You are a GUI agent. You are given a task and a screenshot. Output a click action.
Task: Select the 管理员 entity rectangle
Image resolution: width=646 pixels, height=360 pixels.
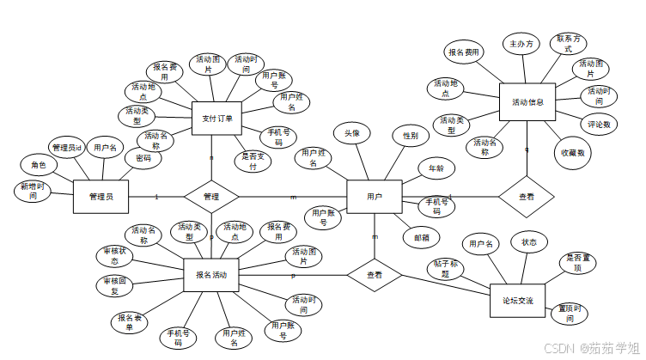click(101, 196)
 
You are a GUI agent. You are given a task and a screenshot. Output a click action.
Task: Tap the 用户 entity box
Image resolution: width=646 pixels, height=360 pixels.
click(374, 196)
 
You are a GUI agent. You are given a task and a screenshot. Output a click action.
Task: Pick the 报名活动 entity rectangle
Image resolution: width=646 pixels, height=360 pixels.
click(211, 274)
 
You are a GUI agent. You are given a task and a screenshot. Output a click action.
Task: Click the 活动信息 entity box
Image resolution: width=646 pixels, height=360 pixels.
click(527, 101)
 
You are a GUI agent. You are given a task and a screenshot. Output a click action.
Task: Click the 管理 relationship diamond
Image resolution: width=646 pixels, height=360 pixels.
click(211, 197)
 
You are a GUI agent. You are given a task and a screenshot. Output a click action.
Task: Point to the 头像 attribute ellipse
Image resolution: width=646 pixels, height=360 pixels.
click(352, 133)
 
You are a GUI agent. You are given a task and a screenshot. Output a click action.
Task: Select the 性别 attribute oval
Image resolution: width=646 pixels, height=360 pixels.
click(410, 136)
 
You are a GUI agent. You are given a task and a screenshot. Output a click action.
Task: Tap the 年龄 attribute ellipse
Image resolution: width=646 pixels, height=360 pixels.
click(436, 168)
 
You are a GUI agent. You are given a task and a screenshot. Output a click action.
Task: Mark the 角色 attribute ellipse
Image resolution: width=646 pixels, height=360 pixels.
click(38, 164)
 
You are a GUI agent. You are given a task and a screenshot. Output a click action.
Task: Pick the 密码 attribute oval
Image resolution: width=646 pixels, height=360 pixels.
click(143, 158)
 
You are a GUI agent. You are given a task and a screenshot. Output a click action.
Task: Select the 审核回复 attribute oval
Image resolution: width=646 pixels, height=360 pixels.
click(114, 285)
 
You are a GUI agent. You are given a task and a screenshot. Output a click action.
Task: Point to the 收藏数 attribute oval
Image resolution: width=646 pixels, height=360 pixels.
click(573, 152)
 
